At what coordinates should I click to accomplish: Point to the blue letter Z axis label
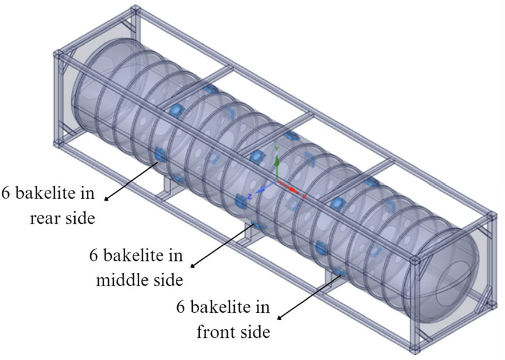pos(249,196)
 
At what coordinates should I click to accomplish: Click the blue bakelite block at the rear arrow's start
pos(160,154)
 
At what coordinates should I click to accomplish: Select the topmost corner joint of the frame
pos(135,10)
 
